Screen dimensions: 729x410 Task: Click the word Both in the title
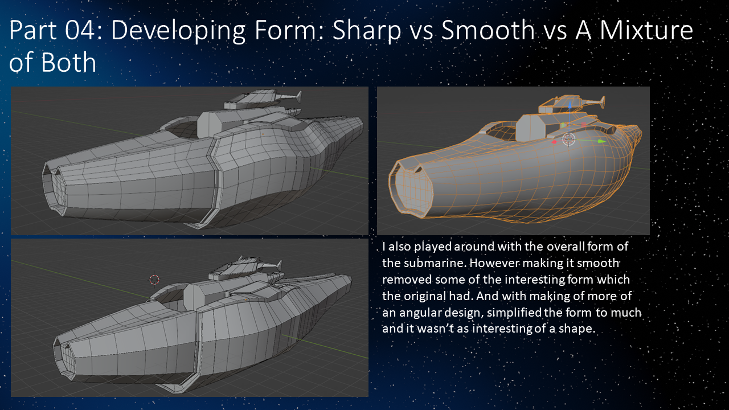coord(67,63)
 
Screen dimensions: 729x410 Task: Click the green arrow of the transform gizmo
coord(600,141)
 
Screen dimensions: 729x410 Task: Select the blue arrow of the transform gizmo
coord(569,106)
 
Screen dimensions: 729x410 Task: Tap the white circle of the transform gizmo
coord(568,138)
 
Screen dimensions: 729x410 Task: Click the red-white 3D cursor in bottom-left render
coord(154,279)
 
